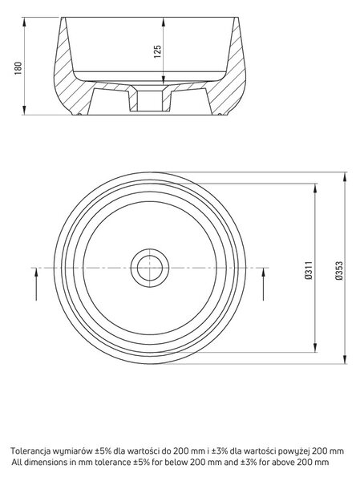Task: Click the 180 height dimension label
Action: [x=18, y=68]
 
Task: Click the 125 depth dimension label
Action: [x=157, y=52]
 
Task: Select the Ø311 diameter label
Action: [x=309, y=270]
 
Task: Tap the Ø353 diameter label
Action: [x=339, y=270]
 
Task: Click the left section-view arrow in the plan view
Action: [x=36, y=284]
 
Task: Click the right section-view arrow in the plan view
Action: [x=263, y=284]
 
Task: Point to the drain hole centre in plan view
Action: [x=150, y=268]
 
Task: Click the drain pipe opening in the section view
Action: [x=149, y=101]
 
